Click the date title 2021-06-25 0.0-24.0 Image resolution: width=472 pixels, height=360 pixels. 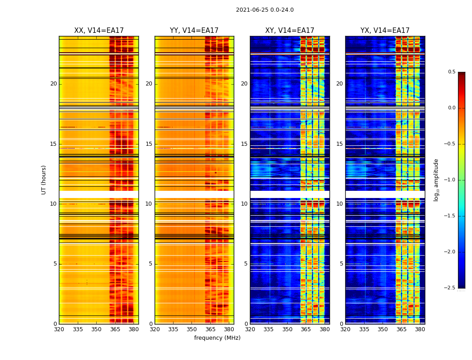(265, 10)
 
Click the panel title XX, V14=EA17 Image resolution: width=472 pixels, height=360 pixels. (99, 31)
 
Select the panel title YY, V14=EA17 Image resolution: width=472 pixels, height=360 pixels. (194, 31)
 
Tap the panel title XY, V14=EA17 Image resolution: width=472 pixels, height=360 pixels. (289, 31)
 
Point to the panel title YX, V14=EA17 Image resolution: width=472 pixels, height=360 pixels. (385, 31)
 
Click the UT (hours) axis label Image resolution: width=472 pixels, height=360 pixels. (44, 180)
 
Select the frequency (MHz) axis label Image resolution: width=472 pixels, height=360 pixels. (217, 338)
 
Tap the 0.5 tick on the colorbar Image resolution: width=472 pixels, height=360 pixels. (451, 72)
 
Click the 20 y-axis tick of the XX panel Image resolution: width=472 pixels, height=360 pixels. (53, 84)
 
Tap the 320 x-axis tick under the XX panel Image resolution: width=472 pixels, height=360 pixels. (59, 329)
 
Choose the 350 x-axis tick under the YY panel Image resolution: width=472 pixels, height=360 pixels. (192, 329)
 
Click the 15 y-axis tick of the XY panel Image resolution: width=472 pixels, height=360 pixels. (244, 144)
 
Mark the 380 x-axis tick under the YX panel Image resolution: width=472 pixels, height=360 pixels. (420, 329)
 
